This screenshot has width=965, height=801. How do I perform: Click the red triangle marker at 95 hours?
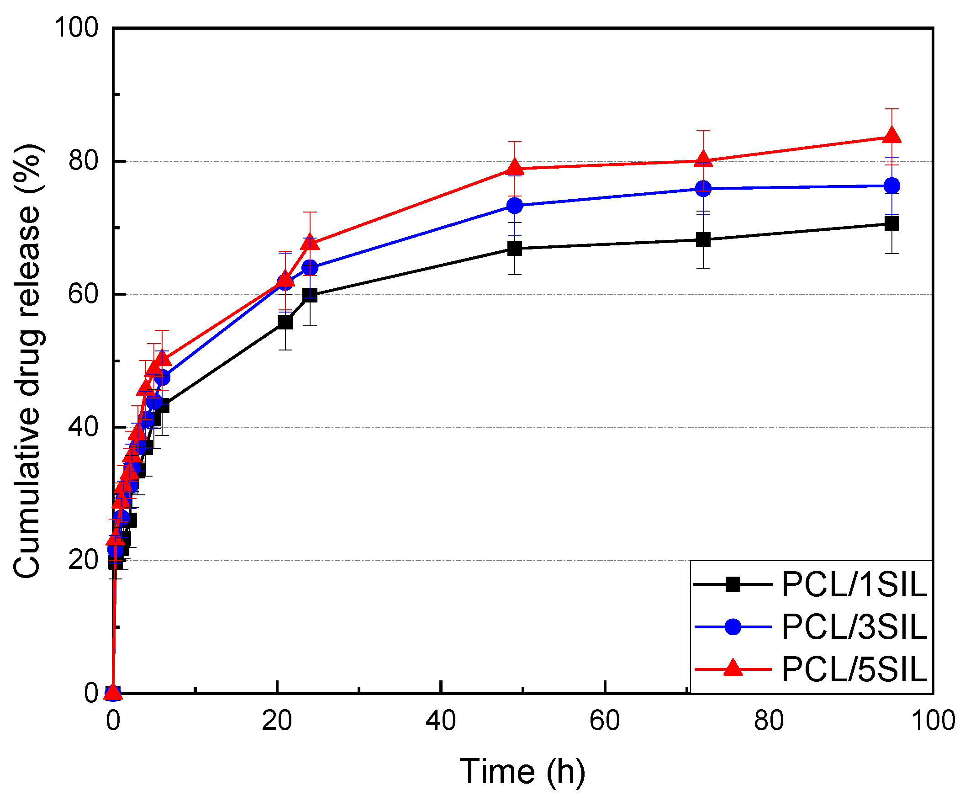(892, 136)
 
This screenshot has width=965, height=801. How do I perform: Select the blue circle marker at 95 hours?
(892, 186)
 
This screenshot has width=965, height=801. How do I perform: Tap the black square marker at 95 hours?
(892, 224)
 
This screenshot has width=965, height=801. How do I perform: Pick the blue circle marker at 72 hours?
(703, 189)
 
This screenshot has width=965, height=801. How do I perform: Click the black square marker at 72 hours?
(703, 239)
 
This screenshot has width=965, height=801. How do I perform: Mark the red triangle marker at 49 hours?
(515, 167)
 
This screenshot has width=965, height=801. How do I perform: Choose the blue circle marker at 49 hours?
(515, 205)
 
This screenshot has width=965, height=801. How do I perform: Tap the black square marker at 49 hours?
(515, 249)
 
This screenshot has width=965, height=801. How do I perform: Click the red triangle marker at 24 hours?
(310, 242)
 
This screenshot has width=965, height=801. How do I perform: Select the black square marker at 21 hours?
(285, 322)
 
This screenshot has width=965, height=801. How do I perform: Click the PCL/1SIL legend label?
(854, 585)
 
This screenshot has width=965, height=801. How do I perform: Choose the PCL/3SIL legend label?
(854, 627)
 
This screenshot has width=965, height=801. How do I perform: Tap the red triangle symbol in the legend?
(733, 668)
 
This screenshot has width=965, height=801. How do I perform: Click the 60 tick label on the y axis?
(83, 294)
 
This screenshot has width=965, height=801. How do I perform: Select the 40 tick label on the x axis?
(441, 721)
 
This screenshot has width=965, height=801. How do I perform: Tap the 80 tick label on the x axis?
(769, 721)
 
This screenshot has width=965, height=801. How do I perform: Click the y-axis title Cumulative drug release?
(28, 361)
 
